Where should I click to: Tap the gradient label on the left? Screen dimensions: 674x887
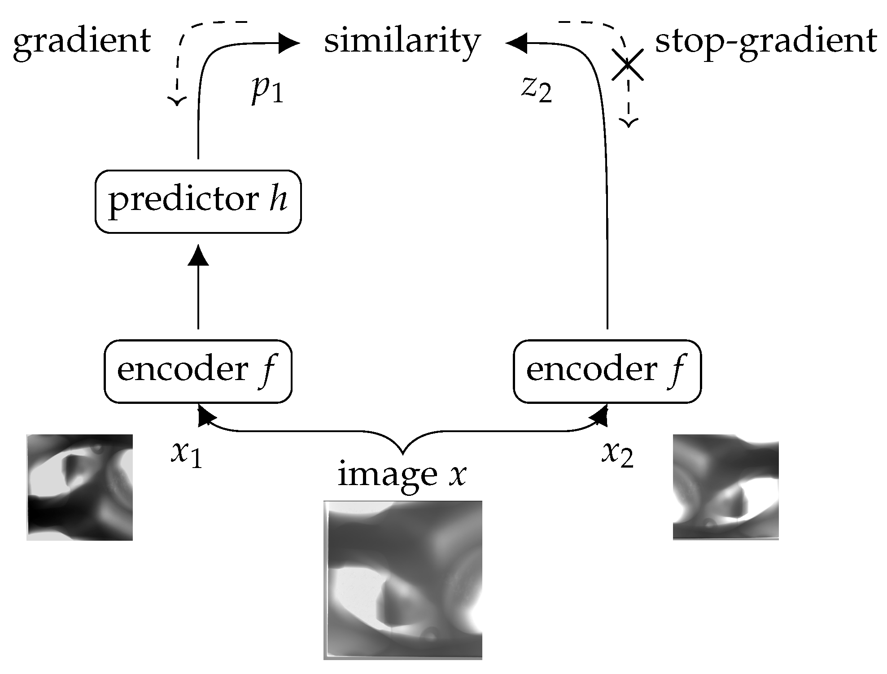(x=82, y=41)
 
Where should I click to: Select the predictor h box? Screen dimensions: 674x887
(x=198, y=201)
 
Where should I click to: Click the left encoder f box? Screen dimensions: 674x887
(x=198, y=371)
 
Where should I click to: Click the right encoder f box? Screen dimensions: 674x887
(x=607, y=371)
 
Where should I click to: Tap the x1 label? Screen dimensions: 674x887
(x=186, y=454)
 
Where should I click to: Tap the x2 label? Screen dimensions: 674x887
(x=617, y=454)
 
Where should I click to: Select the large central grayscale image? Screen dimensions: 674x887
(x=402, y=580)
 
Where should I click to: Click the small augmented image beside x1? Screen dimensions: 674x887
(x=79, y=487)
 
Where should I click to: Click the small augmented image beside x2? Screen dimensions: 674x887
(x=725, y=487)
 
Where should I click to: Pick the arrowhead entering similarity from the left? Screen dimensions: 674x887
(x=288, y=44)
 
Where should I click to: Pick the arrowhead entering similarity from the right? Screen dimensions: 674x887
(x=516, y=44)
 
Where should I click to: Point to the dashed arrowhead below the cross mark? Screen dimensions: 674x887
(x=629, y=123)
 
